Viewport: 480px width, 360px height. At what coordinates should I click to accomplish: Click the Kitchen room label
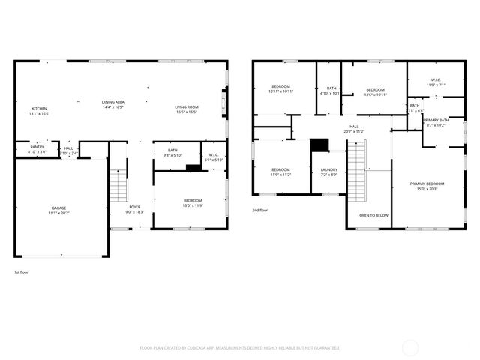(x=39, y=111)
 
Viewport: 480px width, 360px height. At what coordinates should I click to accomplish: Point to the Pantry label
(x=37, y=149)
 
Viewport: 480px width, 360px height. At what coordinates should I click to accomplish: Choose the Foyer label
(x=135, y=209)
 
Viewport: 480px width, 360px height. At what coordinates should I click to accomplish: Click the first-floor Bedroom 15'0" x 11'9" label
(x=193, y=202)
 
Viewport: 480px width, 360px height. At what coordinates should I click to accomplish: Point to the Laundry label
(x=328, y=172)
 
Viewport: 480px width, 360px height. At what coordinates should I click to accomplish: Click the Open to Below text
(x=373, y=215)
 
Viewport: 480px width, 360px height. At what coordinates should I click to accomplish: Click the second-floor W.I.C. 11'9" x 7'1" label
(x=436, y=82)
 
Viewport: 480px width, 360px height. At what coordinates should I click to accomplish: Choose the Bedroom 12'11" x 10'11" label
(x=281, y=89)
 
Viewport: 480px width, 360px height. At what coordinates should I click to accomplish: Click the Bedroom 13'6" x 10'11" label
(x=375, y=91)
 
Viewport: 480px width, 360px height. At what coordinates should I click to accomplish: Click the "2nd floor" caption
(x=260, y=210)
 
